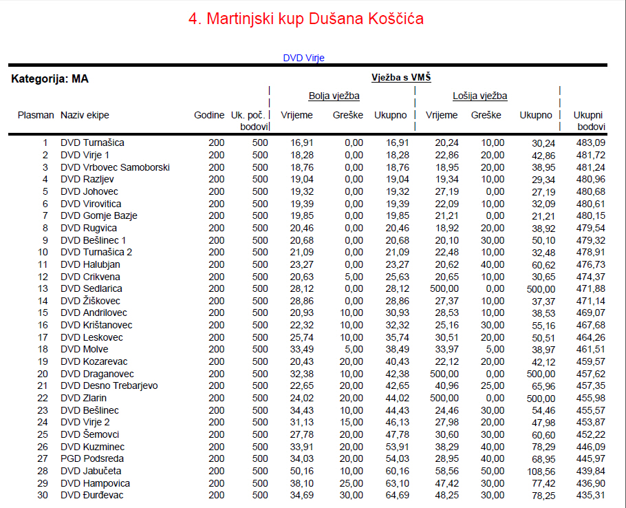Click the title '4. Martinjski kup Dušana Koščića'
click(x=306, y=19)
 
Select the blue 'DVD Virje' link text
click(x=303, y=58)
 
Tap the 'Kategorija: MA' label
click(x=50, y=79)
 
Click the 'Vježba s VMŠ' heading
click(x=401, y=78)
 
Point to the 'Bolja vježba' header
click(x=334, y=96)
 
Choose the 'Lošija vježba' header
click(x=479, y=96)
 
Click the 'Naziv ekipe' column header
click(x=85, y=115)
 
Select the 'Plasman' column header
click(x=36, y=115)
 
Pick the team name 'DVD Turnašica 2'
click(x=96, y=252)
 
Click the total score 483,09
click(x=591, y=142)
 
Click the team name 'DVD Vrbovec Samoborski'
click(x=115, y=167)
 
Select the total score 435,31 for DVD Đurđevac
click(x=591, y=495)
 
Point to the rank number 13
click(x=43, y=288)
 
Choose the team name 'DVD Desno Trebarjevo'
click(x=109, y=385)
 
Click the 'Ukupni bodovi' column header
click(x=590, y=120)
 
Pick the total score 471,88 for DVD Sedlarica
click(x=591, y=288)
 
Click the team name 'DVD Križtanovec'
click(x=96, y=325)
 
